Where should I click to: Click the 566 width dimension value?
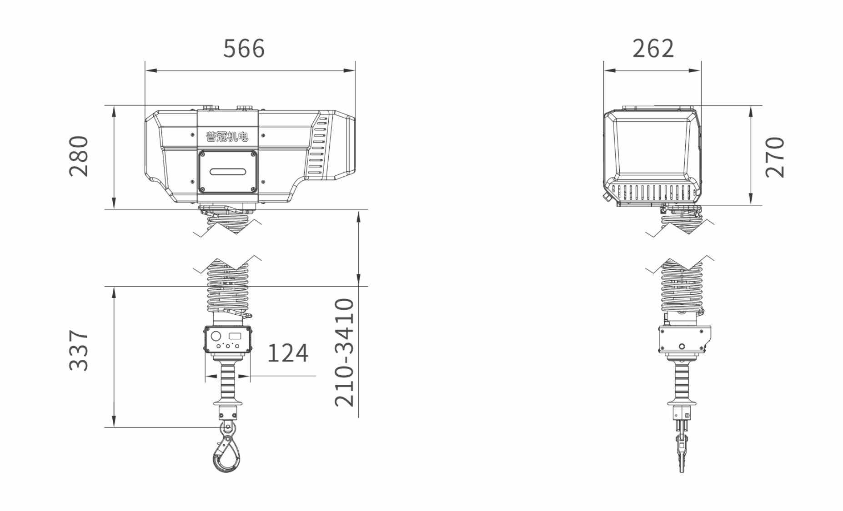click(244, 49)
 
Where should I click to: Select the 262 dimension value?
click(653, 49)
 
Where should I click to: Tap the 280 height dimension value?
click(79, 156)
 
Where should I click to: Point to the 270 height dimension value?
click(775, 157)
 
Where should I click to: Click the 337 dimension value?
click(79, 350)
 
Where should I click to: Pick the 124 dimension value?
click(287, 353)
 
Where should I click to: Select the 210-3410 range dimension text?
click(344, 352)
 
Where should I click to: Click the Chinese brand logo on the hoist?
click(227, 136)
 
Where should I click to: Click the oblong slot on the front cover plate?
click(228, 172)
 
